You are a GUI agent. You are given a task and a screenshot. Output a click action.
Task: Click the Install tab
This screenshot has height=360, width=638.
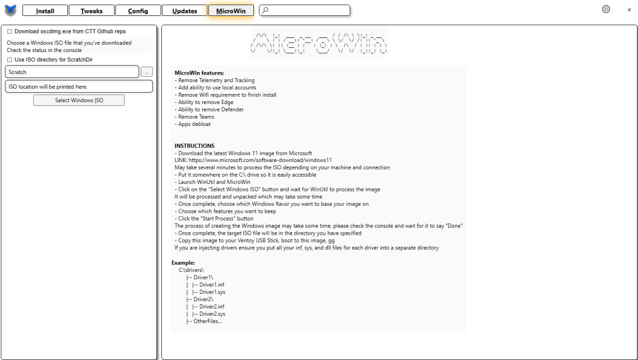pos(45,11)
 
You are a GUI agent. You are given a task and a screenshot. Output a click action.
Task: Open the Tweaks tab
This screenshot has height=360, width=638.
pos(92,11)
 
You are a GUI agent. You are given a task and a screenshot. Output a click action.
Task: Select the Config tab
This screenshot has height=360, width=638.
pos(138,11)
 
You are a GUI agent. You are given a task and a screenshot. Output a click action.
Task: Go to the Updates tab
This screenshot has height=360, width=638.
pos(184,11)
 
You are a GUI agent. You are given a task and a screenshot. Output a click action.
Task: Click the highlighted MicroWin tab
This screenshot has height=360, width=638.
pos(231,11)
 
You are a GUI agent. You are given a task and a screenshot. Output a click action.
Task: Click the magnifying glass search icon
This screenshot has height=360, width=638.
pos(265,10)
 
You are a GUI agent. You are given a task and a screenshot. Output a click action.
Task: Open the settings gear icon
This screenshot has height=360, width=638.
pos(606,9)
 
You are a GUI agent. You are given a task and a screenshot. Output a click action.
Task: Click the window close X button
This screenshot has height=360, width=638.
pos(629,10)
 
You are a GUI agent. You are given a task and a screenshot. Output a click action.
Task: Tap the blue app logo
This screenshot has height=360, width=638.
pos(11,10)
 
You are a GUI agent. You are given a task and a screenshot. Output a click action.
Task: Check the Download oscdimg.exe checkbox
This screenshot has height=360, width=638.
pos(9,31)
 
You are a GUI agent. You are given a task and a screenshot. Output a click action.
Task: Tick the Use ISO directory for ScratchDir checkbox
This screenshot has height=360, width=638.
pos(9,60)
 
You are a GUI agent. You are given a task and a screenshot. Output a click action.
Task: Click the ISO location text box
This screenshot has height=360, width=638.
pos(79,87)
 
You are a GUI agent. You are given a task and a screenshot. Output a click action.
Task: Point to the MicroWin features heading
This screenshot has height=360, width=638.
pos(199,73)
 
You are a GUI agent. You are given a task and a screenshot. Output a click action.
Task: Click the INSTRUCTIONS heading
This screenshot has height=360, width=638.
pos(194,145)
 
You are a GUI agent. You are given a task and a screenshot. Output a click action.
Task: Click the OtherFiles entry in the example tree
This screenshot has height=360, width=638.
pos(204,321)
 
